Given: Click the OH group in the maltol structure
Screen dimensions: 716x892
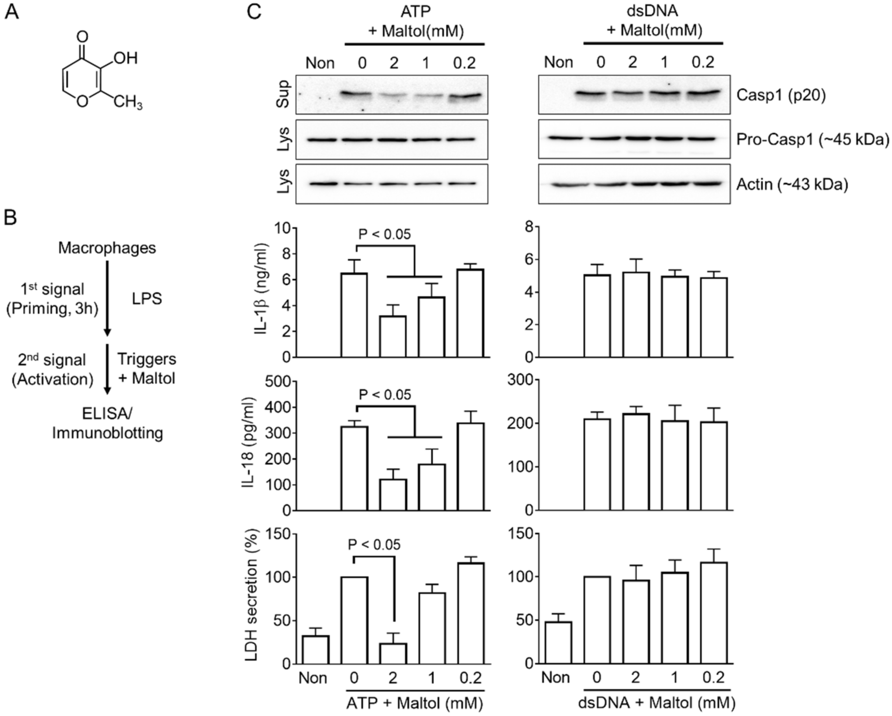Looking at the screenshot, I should coord(125,58).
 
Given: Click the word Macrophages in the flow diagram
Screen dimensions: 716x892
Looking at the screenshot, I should coord(107,248).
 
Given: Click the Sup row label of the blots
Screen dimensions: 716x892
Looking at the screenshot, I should coord(283,94).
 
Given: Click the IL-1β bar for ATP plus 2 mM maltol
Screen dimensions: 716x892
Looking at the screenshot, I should coord(393,336).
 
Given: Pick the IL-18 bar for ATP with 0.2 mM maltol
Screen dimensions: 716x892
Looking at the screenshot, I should coord(470,467).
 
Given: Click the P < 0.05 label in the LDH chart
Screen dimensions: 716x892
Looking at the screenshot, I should coord(374,545).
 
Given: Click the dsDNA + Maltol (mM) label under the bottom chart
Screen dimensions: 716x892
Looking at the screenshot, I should coord(657,703).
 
